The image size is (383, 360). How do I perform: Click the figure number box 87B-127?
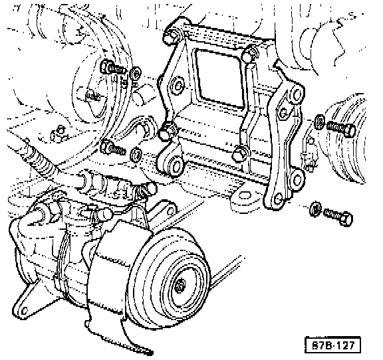coord(332,345)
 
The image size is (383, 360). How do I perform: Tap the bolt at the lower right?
coord(338,217)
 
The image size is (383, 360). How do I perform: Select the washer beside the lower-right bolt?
coord(315,208)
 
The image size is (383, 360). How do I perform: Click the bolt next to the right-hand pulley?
coord(340,128)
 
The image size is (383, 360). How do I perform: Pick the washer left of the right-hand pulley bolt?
coord(319,122)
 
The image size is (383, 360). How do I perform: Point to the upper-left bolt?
coord(113,67)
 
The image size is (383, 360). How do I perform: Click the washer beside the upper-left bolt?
coord(136,73)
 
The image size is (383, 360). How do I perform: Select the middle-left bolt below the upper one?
coord(113,147)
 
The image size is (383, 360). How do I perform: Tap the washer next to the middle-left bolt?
coord(136,155)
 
